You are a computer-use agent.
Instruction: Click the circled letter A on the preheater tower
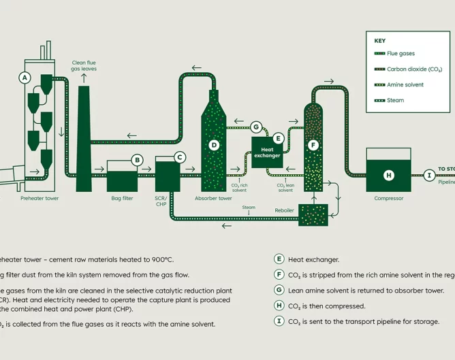click(25, 78)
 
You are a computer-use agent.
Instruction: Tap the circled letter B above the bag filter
click(138, 161)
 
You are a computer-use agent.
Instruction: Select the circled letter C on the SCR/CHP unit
click(180, 157)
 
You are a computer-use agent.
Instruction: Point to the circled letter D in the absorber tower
click(214, 144)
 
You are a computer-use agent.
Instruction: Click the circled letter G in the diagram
click(256, 127)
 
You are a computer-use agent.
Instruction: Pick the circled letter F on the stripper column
click(313, 144)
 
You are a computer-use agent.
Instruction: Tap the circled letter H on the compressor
click(388, 176)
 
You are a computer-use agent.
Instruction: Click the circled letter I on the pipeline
click(429, 176)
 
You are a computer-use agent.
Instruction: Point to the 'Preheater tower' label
click(40, 199)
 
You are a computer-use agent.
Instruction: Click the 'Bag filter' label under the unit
click(122, 199)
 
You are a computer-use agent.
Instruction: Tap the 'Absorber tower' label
click(214, 199)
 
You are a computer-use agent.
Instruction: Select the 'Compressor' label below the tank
click(389, 199)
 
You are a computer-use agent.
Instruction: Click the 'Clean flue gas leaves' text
click(84, 66)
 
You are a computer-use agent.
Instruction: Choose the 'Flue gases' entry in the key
click(401, 53)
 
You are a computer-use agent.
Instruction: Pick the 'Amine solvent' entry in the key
click(405, 84)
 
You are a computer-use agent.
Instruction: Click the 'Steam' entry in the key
click(395, 100)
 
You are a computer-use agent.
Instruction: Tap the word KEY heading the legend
click(379, 40)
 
